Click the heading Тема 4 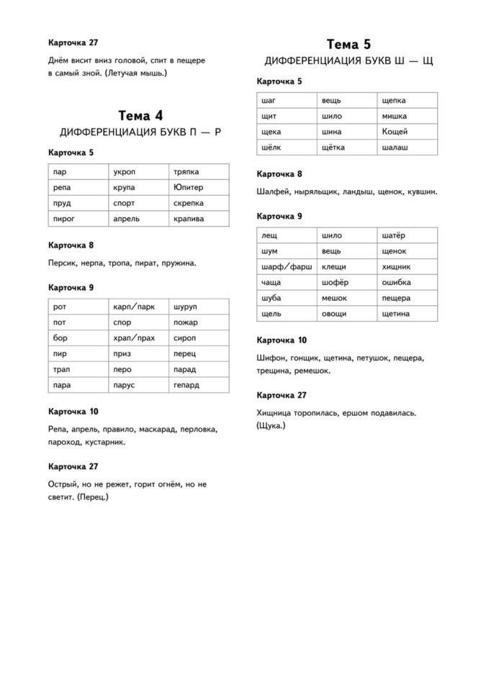click(x=140, y=115)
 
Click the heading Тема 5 click(x=349, y=45)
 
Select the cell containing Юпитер click(x=189, y=187)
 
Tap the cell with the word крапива click(x=189, y=219)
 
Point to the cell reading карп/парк click(x=134, y=307)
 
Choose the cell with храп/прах click(x=134, y=338)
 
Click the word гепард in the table click(x=186, y=386)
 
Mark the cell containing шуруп click(x=185, y=307)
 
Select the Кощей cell click(x=395, y=132)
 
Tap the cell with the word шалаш click(x=395, y=148)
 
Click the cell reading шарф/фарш click(x=287, y=266)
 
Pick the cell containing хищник click(x=396, y=266)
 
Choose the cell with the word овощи click(x=334, y=314)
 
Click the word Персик click(x=62, y=263)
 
